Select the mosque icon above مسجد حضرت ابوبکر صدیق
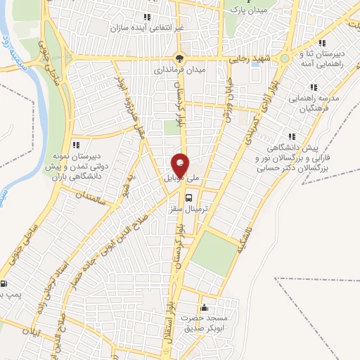pyautogui.click(x=205, y=307)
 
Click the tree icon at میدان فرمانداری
pyautogui.click(x=179, y=58)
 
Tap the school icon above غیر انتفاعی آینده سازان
pyautogui.click(x=146, y=16)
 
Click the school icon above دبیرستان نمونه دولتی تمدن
pyautogui.click(x=76, y=144)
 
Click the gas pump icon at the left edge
pyautogui.click(x=5, y=285)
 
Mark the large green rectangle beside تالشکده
pyautogui.click(x=214, y=252)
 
